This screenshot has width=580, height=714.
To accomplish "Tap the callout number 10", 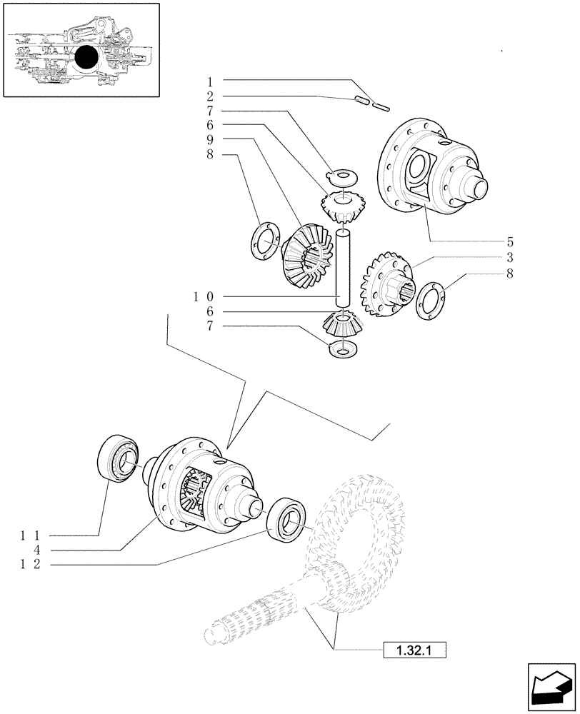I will coord(204,296).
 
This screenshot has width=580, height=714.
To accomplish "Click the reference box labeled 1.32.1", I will coord(414,650).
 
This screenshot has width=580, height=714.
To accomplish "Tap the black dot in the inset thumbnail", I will coord(88,58).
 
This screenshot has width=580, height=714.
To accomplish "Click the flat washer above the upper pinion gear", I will coord(344,176).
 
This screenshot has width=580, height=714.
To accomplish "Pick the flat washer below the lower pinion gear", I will coord(341,349).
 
